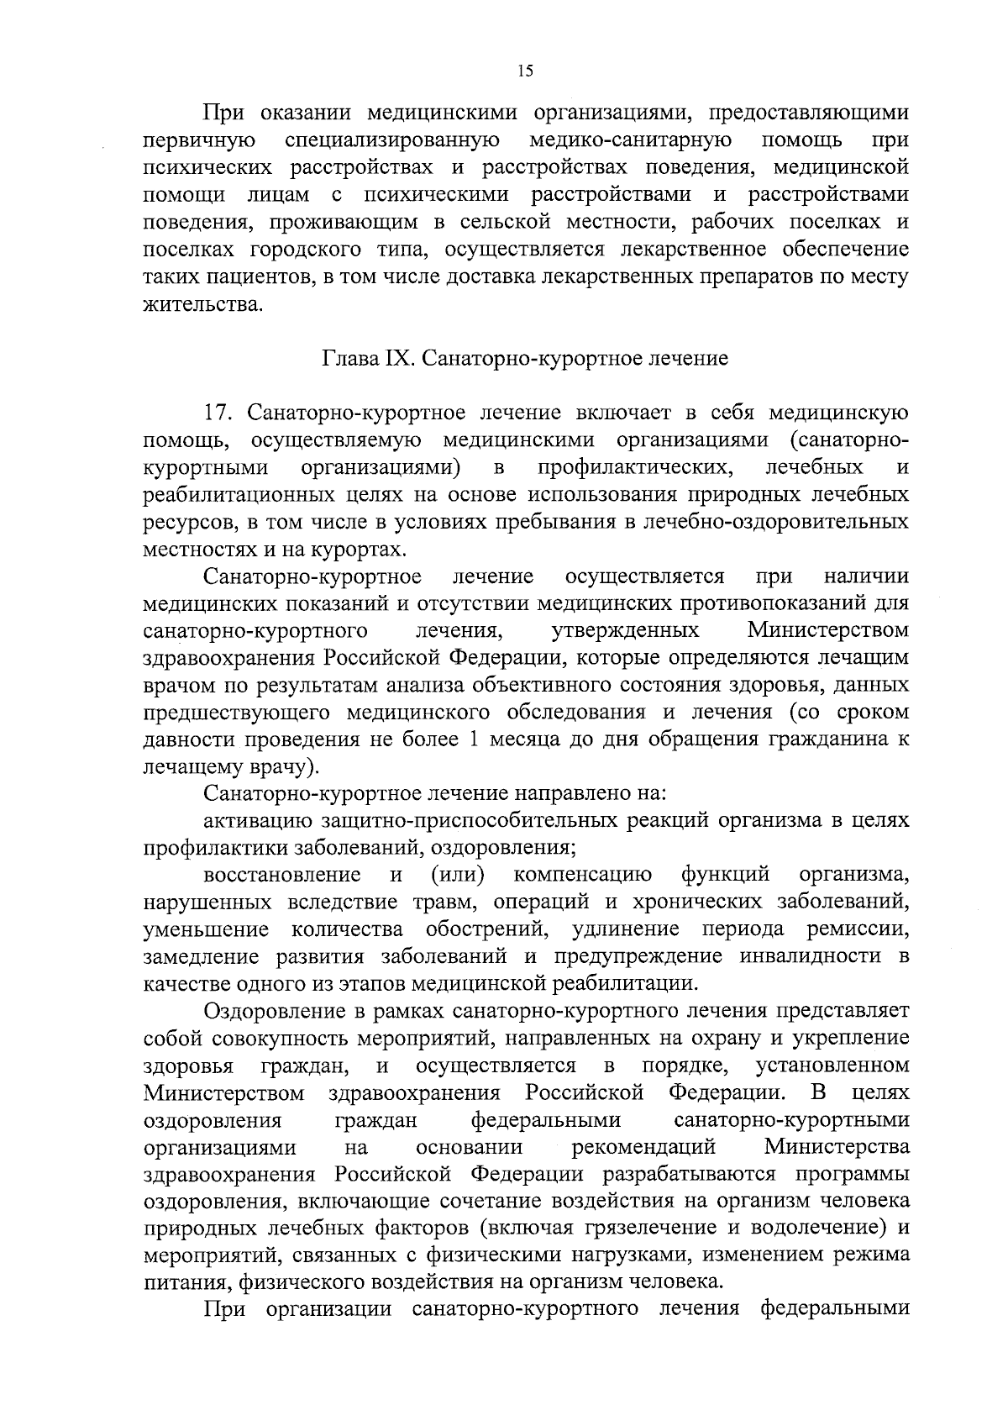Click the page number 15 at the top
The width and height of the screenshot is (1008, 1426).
(525, 71)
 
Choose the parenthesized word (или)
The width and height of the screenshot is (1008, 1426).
(459, 875)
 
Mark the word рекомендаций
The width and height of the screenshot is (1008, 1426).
(643, 1147)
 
